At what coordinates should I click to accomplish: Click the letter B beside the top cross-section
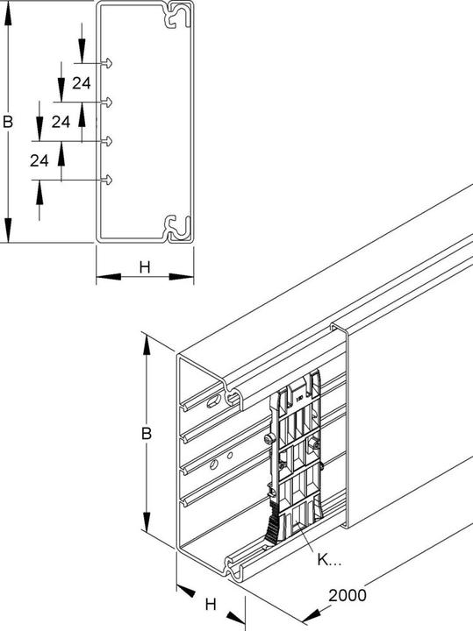coord(8,124)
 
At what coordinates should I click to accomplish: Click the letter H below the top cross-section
coord(144,267)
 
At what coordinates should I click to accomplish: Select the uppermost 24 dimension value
coord(82,83)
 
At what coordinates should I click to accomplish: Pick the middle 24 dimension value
coord(61,122)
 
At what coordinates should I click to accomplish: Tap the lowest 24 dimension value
coord(39,160)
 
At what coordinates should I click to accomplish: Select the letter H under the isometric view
coord(210,604)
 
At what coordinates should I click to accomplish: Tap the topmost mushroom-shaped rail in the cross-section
coord(110,63)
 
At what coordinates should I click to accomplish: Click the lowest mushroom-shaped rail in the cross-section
coord(110,180)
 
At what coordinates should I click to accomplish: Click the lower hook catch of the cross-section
coord(178,226)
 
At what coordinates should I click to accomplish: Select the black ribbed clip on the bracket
coord(272,525)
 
